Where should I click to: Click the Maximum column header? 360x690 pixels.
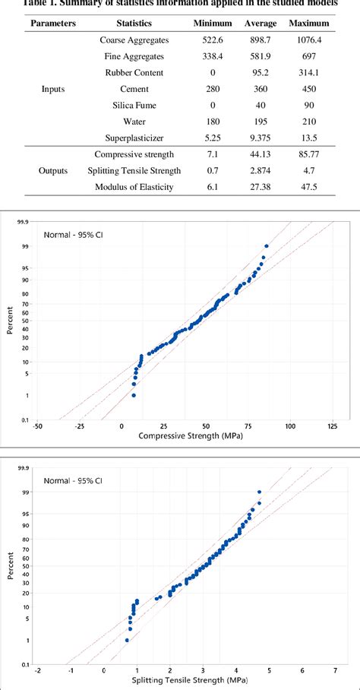311,23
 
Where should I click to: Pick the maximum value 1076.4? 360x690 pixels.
310,40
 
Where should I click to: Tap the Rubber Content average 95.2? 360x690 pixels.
261,72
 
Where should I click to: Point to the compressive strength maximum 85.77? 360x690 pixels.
310,155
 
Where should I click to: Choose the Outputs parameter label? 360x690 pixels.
52,171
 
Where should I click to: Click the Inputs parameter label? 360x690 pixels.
52,89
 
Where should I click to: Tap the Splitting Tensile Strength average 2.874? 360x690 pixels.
261,171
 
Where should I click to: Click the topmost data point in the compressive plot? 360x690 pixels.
266,246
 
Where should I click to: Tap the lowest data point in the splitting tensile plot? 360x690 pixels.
127,641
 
